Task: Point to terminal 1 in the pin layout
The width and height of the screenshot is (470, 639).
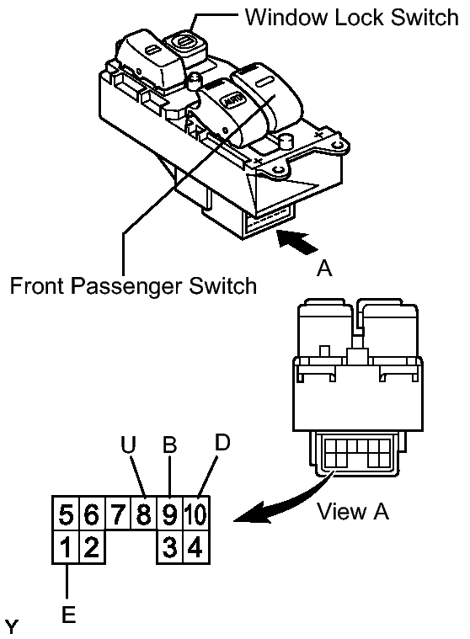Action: (66, 546)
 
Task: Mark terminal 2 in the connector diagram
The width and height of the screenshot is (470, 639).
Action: (92, 546)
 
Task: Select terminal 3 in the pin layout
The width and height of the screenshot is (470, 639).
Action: (170, 546)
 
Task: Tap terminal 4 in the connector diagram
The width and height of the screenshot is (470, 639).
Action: (196, 546)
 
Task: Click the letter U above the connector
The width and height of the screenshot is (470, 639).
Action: (128, 445)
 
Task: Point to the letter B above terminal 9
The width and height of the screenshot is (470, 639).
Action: (169, 445)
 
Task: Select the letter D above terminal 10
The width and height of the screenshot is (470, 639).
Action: (222, 442)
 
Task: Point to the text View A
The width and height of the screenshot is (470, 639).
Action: (353, 511)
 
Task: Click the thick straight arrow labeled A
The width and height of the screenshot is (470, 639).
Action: (297, 242)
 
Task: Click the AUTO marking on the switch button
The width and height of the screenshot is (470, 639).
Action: (231, 100)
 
